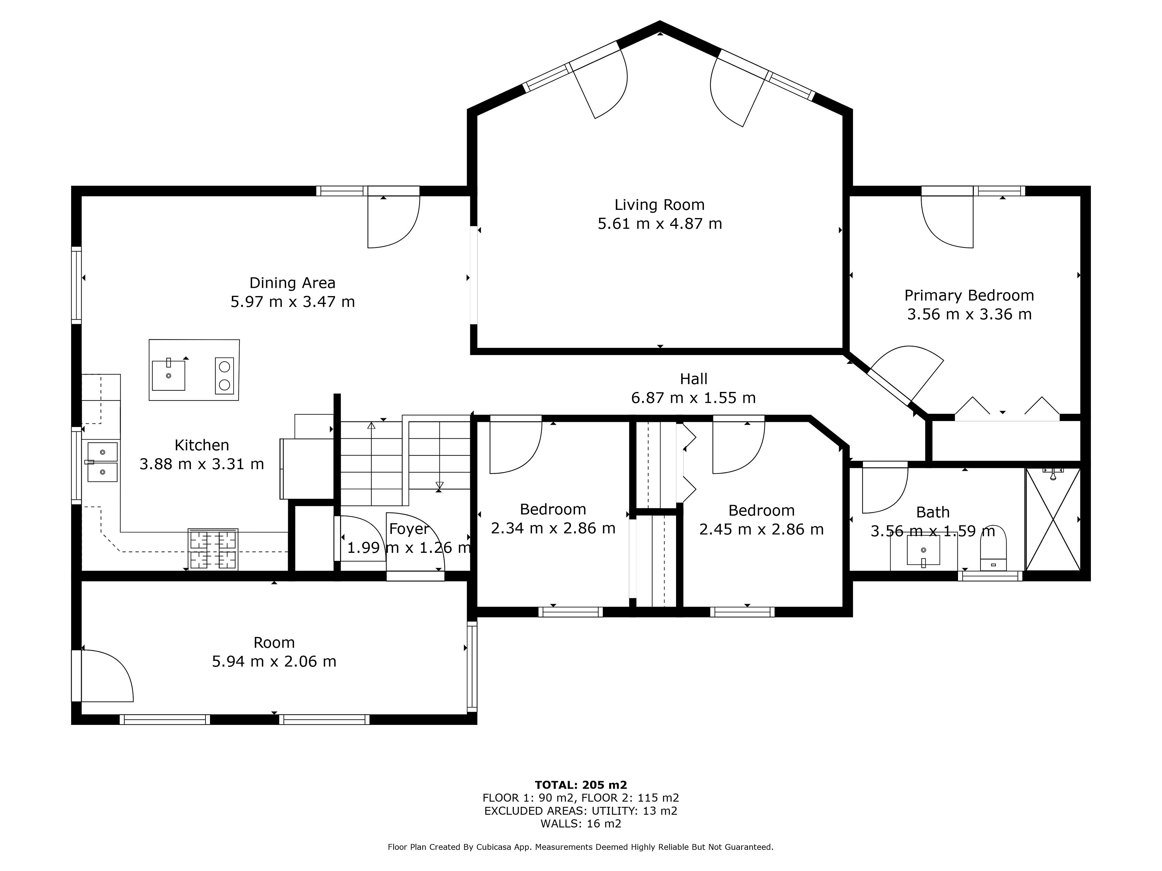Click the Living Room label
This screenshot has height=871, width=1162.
click(659, 205)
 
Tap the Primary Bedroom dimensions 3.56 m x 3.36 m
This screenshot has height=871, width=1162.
click(969, 314)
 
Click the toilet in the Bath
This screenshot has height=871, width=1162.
click(993, 549)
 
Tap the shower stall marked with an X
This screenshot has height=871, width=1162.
click(1053, 519)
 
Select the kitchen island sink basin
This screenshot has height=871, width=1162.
click(169, 375)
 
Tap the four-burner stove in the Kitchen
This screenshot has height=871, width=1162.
click(213, 549)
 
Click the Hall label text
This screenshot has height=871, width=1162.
click(694, 379)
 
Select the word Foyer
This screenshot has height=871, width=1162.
click(409, 529)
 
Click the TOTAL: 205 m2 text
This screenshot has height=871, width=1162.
click(581, 785)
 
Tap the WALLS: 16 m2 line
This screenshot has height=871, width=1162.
click(581, 823)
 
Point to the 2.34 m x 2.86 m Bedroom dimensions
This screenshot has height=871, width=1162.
click(553, 528)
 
